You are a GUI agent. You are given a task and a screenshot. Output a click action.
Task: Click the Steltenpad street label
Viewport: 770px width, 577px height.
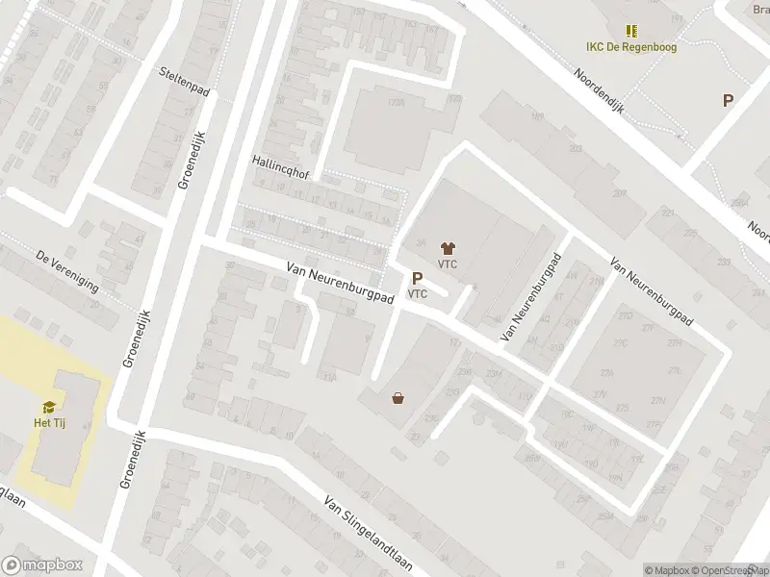pyautogui.click(x=184, y=73)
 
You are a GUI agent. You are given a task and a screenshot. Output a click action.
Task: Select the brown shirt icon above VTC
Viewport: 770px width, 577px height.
pyautogui.click(x=447, y=248)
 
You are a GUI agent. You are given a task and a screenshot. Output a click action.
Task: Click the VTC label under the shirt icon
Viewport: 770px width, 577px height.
pyautogui.click(x=447, y=264)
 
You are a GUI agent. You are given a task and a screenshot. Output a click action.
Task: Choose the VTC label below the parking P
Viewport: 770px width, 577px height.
pyautogui.click(x=418, y=294)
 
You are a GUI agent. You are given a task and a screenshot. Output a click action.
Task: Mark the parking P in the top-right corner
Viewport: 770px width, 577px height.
pyautogui.click(x=729, y=100)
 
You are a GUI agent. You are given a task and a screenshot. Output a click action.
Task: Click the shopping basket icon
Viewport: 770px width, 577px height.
pyautogui.click(x=398, y=397)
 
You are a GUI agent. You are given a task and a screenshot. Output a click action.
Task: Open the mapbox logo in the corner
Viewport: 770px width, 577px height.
pyautogui.click(x=42, y=565)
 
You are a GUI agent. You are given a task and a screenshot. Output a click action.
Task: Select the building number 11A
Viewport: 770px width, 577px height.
pyautogui.click(x=330, y=378)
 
